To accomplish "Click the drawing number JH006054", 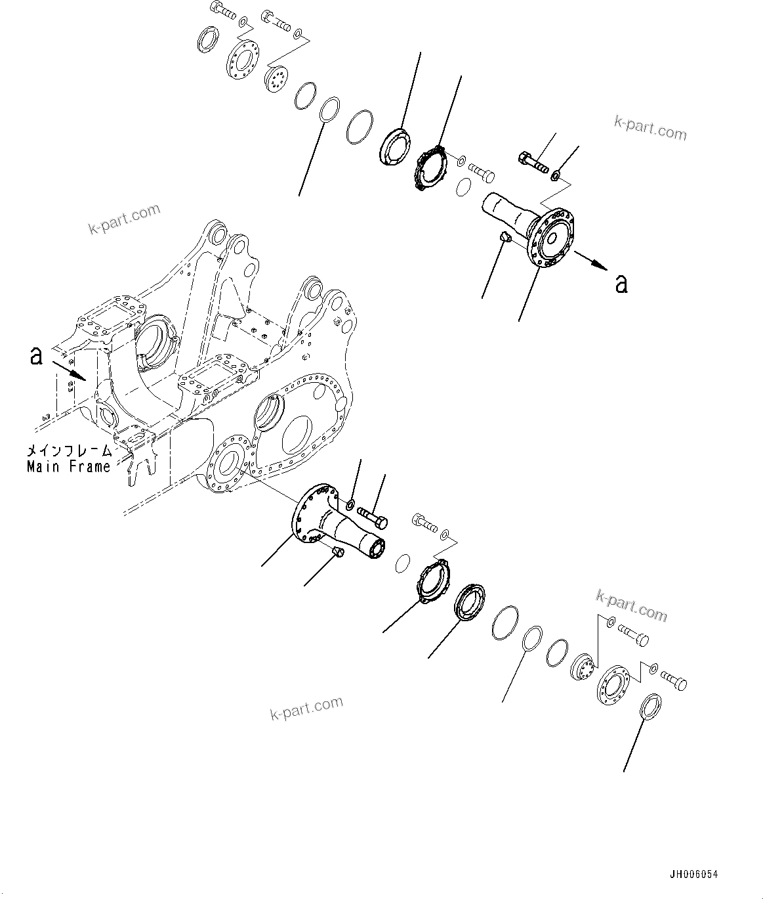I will (693, 875).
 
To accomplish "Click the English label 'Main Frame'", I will (68, 467).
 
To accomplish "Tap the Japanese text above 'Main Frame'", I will (68, 452).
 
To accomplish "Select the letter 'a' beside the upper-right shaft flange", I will (621, 283).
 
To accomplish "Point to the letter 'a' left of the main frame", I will (37, 355).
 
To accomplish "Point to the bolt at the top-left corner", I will (222, 11).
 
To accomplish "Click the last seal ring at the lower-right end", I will (650, 706).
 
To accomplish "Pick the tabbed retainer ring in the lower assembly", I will (433, 579).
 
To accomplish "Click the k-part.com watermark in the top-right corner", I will (650, 128).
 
